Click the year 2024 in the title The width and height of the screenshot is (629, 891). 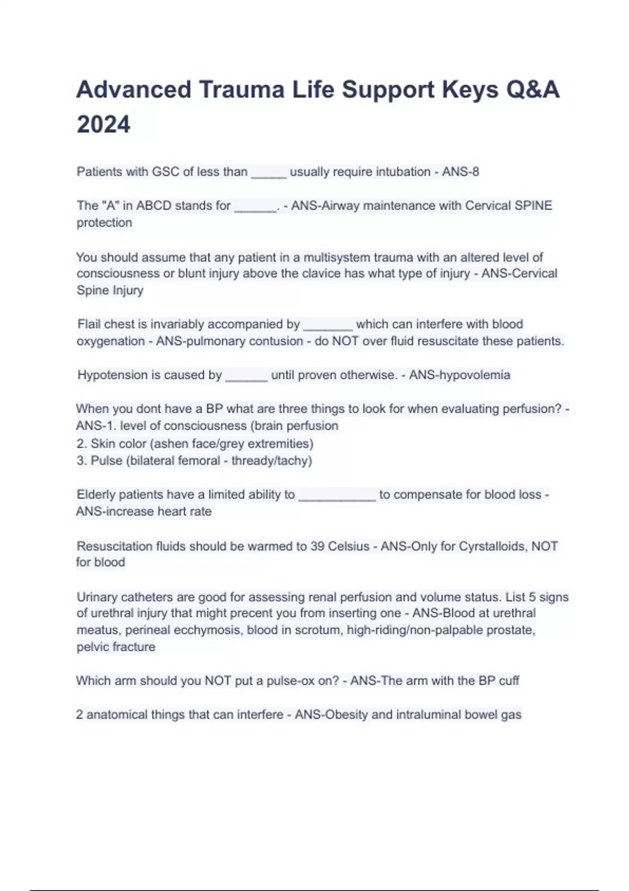point(103,125)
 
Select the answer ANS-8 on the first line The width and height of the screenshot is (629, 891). point(460,172)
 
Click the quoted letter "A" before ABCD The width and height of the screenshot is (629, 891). point(109,205)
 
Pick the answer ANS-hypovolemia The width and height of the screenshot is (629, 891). point(460,375)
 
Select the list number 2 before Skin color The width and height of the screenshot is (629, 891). point(81,444)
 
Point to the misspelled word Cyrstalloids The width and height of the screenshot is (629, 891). point(493,546)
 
